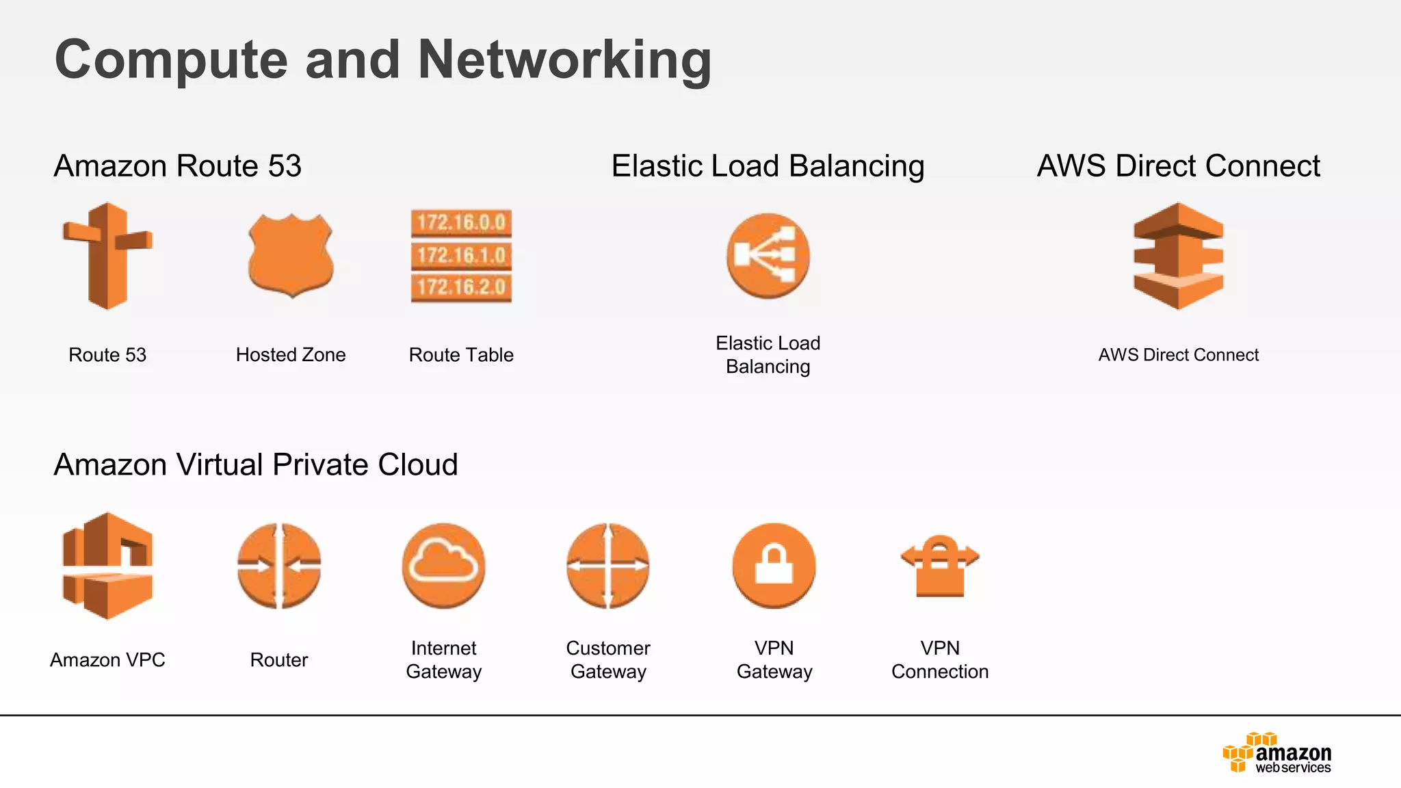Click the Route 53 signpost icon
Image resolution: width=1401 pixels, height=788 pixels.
click(x=107, y=257)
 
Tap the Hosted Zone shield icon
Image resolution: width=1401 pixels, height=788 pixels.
click(x=291, y=255)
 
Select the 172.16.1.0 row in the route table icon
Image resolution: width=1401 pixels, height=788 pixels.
click(x=461, y=255)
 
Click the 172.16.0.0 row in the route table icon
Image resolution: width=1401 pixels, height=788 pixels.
click(x=461, y=222)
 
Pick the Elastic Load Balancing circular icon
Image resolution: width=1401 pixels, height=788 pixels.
click(x=768, y=255)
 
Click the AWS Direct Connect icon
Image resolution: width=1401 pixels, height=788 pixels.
click(x=1178, y=256)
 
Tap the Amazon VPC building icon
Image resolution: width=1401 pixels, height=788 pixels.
click(x=107, y=566)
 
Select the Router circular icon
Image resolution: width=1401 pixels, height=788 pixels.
click(x=279, y=566)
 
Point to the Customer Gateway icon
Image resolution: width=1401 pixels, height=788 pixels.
click(x=608, y=566)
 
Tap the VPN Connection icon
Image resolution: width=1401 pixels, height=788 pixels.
click(x=940, y=566)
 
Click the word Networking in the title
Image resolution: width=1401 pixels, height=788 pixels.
click(x=564, y=60)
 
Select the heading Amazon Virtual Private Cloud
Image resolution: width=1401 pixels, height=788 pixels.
click(x=256, y=464)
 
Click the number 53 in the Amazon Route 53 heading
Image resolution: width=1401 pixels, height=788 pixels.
click(x=285, y=166)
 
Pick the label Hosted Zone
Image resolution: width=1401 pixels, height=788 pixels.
click(x=291, y=354)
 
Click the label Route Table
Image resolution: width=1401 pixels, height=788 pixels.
click(x=461, y=354)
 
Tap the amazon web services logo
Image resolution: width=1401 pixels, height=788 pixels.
click(x=1276, y=753)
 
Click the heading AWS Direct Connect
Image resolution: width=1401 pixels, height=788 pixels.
click(x=1178, y=166)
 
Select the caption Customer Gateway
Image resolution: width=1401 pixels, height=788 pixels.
click(x=608, y=659)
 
